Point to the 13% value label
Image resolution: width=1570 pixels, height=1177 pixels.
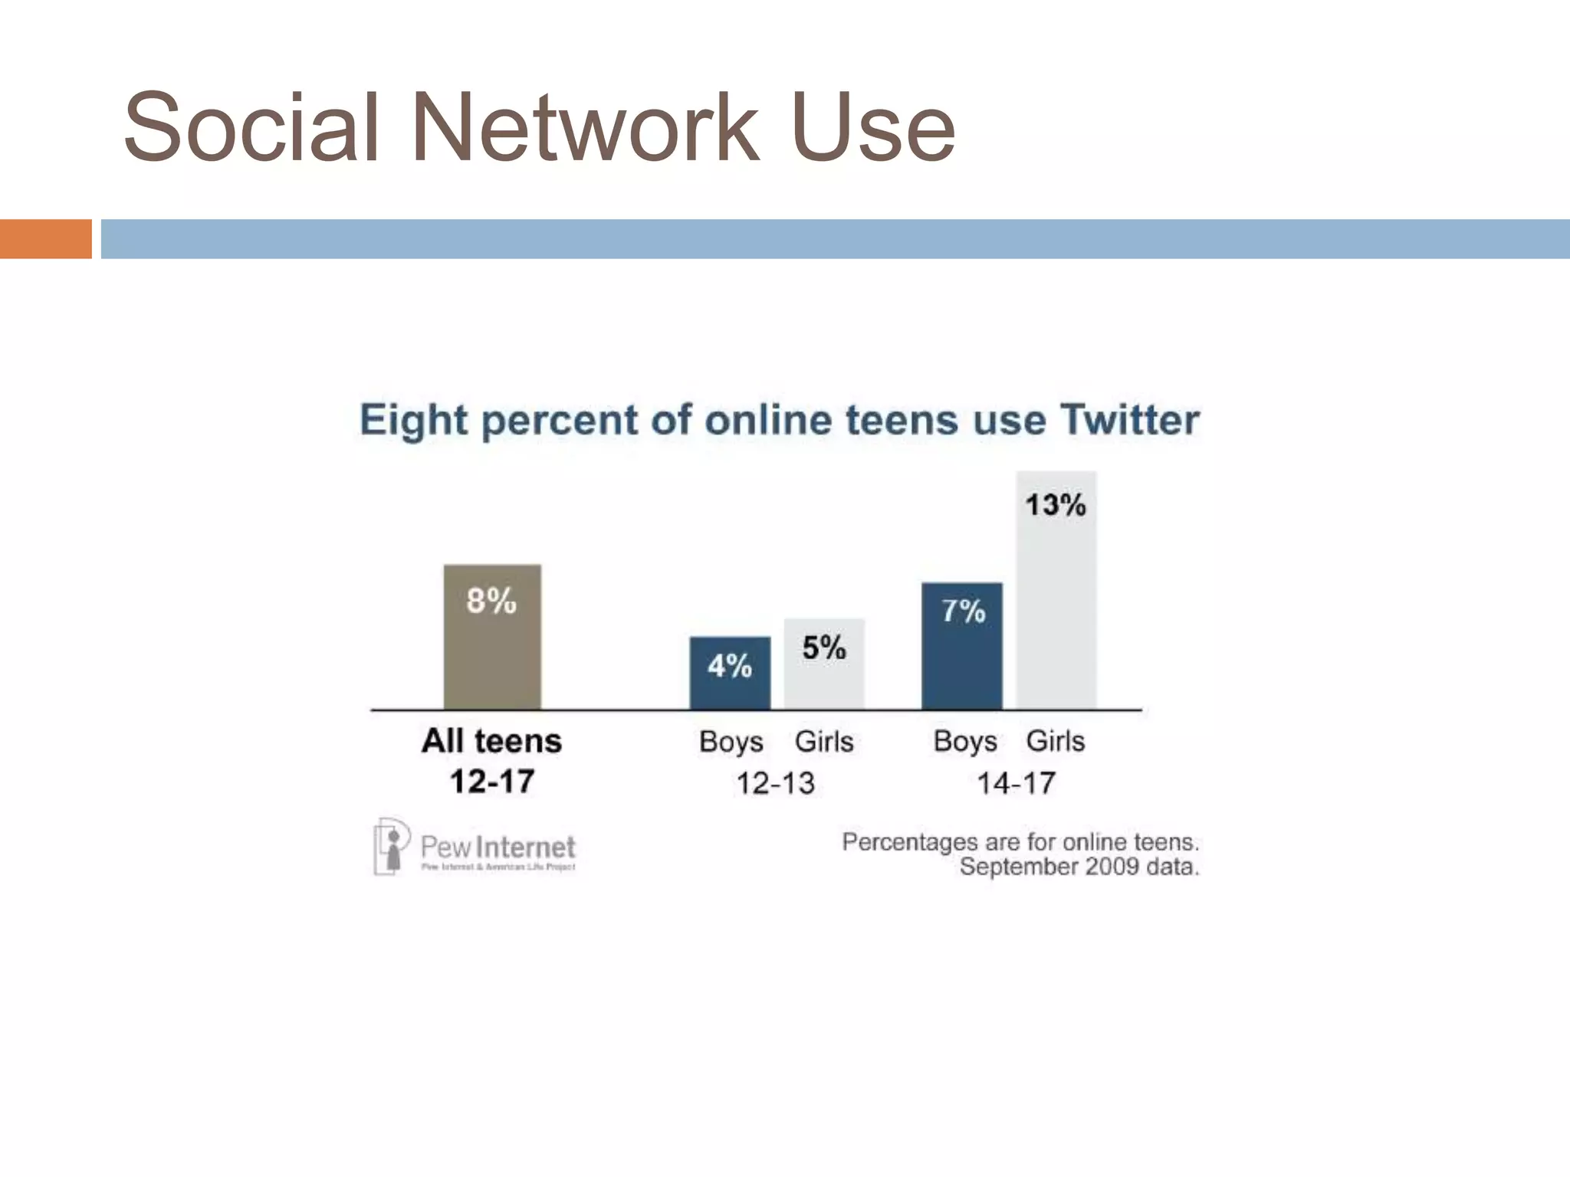(x=1056, y=505)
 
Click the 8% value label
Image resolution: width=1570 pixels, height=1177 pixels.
(x=491, y=601)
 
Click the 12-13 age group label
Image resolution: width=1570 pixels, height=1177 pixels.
(x=775, y=783)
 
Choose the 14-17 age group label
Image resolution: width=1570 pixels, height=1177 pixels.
(x=1016, y=783)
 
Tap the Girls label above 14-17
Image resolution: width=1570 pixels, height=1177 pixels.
(x=1056, y=741)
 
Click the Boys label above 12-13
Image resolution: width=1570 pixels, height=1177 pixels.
(x=731, y=742)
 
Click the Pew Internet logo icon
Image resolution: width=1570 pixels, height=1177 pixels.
(x=390, y=846)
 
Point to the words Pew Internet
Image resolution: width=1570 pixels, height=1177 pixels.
(x=498, y=847)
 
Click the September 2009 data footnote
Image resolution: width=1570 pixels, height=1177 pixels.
(x=1079, y=867)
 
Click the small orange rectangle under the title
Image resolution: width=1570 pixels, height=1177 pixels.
(x=45, y=239)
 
